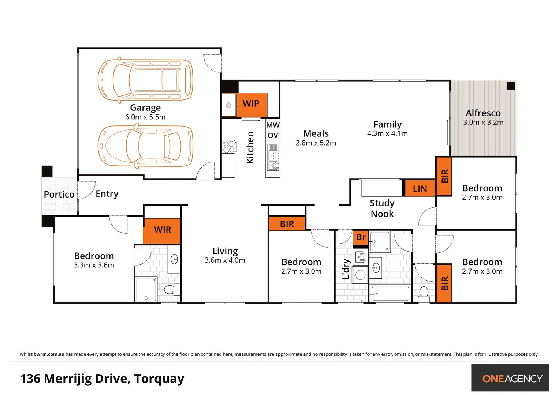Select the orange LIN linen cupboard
[x=420, y=188]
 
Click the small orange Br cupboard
[x=361, y=237]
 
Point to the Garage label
[x=145, y=108]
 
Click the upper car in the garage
[x=145, y=80]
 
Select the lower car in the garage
[x=145, y=146]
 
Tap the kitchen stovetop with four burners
[x=229, y=147]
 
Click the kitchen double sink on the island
[x=273, y=157]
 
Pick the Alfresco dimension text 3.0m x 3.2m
[x=483, y=123]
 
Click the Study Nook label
[x=382, y=208]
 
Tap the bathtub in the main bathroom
[x=390, y=293]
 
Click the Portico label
[x=59, y=195]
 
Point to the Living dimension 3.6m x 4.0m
[x=225, y=260]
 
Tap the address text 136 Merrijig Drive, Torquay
[x=102, y=379]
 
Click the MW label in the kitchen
[x=273, y=125]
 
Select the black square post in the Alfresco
[x=511, y=86]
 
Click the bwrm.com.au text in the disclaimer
[x=49, y=354]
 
